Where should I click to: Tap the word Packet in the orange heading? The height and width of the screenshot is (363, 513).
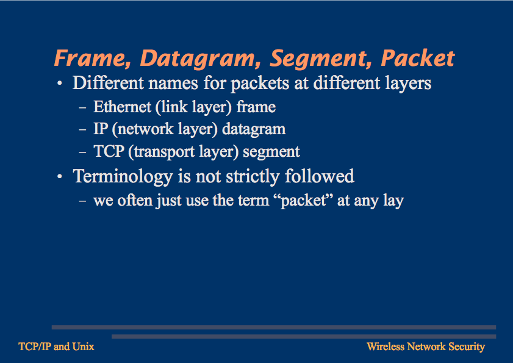pyautogui.click(x=418, y=59)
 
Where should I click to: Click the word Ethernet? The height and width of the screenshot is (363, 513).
pyautogui.click(x=123, y=107)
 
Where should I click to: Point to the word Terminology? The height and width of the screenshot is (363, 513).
pyautogui.click(x=123, y=177)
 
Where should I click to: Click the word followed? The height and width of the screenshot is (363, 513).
pyautogui.click(x=319, y=176)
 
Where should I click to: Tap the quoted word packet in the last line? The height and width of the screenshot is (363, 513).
pyautogui.click(x=304, y=200)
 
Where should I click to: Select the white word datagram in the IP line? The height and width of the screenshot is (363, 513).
pyautogui.click(x=254, y=129)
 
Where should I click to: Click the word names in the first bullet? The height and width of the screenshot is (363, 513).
pyautogui.click(x=173, y=83)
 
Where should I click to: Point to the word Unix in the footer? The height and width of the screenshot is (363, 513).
pyautogui.click(x=84, y=347)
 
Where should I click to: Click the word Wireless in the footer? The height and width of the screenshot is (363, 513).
pyautogui.click(x=386, y=347)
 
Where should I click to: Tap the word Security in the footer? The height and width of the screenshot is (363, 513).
pyautogui.click(x=467, y=347)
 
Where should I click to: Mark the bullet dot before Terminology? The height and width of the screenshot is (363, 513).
pyautogui.click(x=60, y=177)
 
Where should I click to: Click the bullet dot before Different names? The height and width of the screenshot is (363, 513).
pyautogui.click(x=60, y=84)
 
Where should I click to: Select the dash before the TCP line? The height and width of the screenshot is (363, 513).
pyautogui.click(x=82, y=152)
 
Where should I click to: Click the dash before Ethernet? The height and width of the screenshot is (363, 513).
pyautogui.click(x=82, y=107)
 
